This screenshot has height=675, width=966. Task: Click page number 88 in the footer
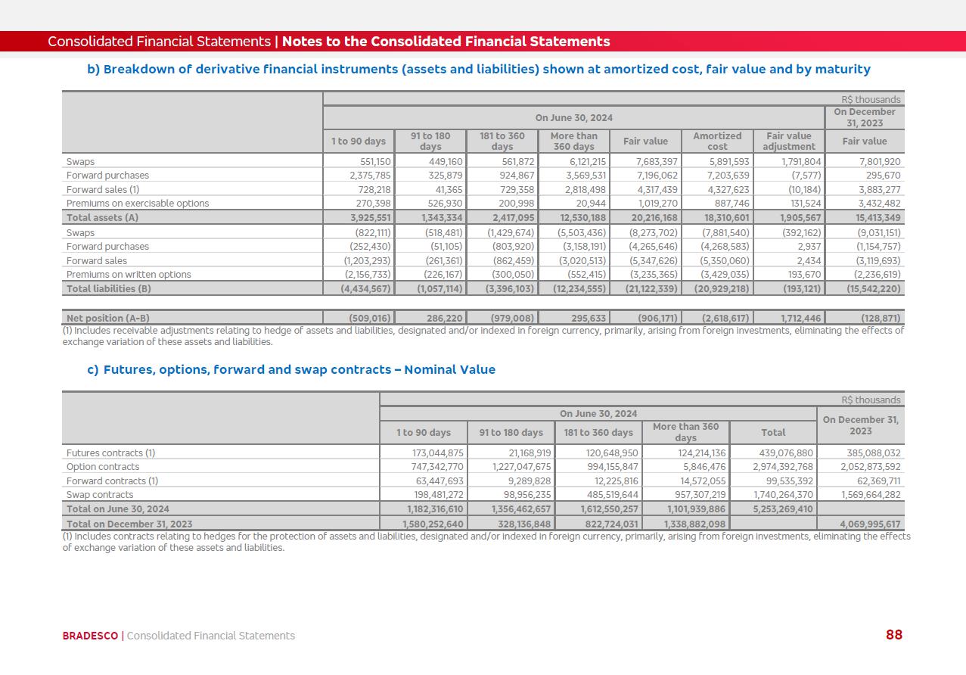(x=893, y=635)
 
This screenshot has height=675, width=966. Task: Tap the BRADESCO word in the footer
(x=90, y=636)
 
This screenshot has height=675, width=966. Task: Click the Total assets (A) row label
(x=102, y=218)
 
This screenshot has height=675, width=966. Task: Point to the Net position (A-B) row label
(x=102, y=319)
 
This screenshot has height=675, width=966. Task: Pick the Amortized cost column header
(x=717, y=141)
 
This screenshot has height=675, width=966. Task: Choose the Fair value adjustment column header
(x=788, y=141)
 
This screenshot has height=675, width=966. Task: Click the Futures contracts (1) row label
(x=110, y=453)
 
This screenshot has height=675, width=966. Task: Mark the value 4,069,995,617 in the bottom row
(x=863, y=524)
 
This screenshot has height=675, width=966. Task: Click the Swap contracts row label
(x=100, y=495)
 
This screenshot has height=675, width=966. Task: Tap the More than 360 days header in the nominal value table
(x=685, y=432)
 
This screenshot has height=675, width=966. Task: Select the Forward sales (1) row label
(x=103, y=190)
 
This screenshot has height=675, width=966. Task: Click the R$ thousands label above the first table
(x=871, y=99)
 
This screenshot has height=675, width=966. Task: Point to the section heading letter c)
(x=92, y=370)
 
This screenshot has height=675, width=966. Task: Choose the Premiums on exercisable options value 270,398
(x=370, y=204)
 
